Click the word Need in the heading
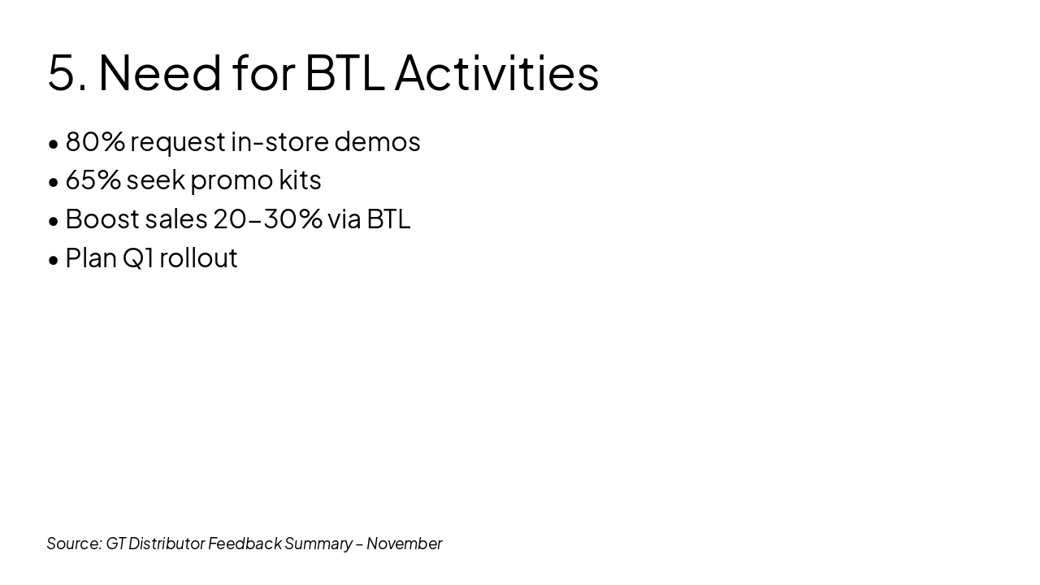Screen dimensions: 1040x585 pyautogui.click(x=160, y=72)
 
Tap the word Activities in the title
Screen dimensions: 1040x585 pyautogui.click(x=496, y=72)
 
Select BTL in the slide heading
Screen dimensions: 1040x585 pyautogui.click(x=345, y=72)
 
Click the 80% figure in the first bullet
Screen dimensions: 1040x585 pyautogui.click(x=95, y=141)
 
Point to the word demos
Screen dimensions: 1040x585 pyautogui.click(x=377, y=141)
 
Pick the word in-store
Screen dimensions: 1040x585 pyautogui.click(x=280, y=141)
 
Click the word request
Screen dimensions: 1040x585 pyautogui.click(x=178, y=143)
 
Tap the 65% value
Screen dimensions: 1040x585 pyautogui.click(x=93, y=180)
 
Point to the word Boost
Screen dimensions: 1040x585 pyautogui.click(x=102, y=219)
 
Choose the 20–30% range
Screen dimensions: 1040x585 pyautogui.click(x=267, y=219)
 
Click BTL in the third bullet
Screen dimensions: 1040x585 pyautogui.click(x=388, y=219)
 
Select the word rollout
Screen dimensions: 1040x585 pyautogui.click(x=198, y=258)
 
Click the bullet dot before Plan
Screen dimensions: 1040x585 pyautogui.click(x=54, y=261)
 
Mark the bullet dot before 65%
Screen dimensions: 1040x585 pyautogui.click(x=54, y=183)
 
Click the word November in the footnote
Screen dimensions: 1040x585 pyautogui.click(x=405, y=544)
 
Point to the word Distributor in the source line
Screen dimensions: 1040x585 pyautogui.click(x=167, y=544)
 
